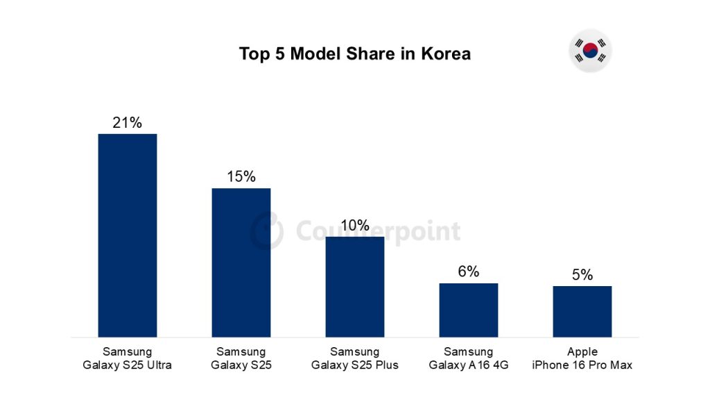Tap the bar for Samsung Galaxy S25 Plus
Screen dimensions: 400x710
coord(355,286)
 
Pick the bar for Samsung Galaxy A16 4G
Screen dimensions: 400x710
coord(469,310)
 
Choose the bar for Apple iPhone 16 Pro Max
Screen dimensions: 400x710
coord(582,311)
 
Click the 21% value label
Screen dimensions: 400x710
coord(128,123)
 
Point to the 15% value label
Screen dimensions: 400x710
coord(241,177)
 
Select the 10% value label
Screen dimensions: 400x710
coord(355,226)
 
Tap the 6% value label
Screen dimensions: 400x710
coord(469,272)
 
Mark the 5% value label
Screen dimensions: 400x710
coord(582,275)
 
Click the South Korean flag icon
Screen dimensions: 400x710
coord(591,51)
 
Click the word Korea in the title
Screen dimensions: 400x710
coord(446,54)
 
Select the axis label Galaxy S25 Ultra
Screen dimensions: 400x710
coord(128,365)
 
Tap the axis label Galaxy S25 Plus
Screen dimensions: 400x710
coord(355,365)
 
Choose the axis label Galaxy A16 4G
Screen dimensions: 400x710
coord(469,365)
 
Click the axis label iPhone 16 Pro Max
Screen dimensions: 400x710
coord(582,365)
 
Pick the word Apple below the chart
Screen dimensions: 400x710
coord(582,352)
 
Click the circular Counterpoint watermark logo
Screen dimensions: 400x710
coord(267,231)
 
